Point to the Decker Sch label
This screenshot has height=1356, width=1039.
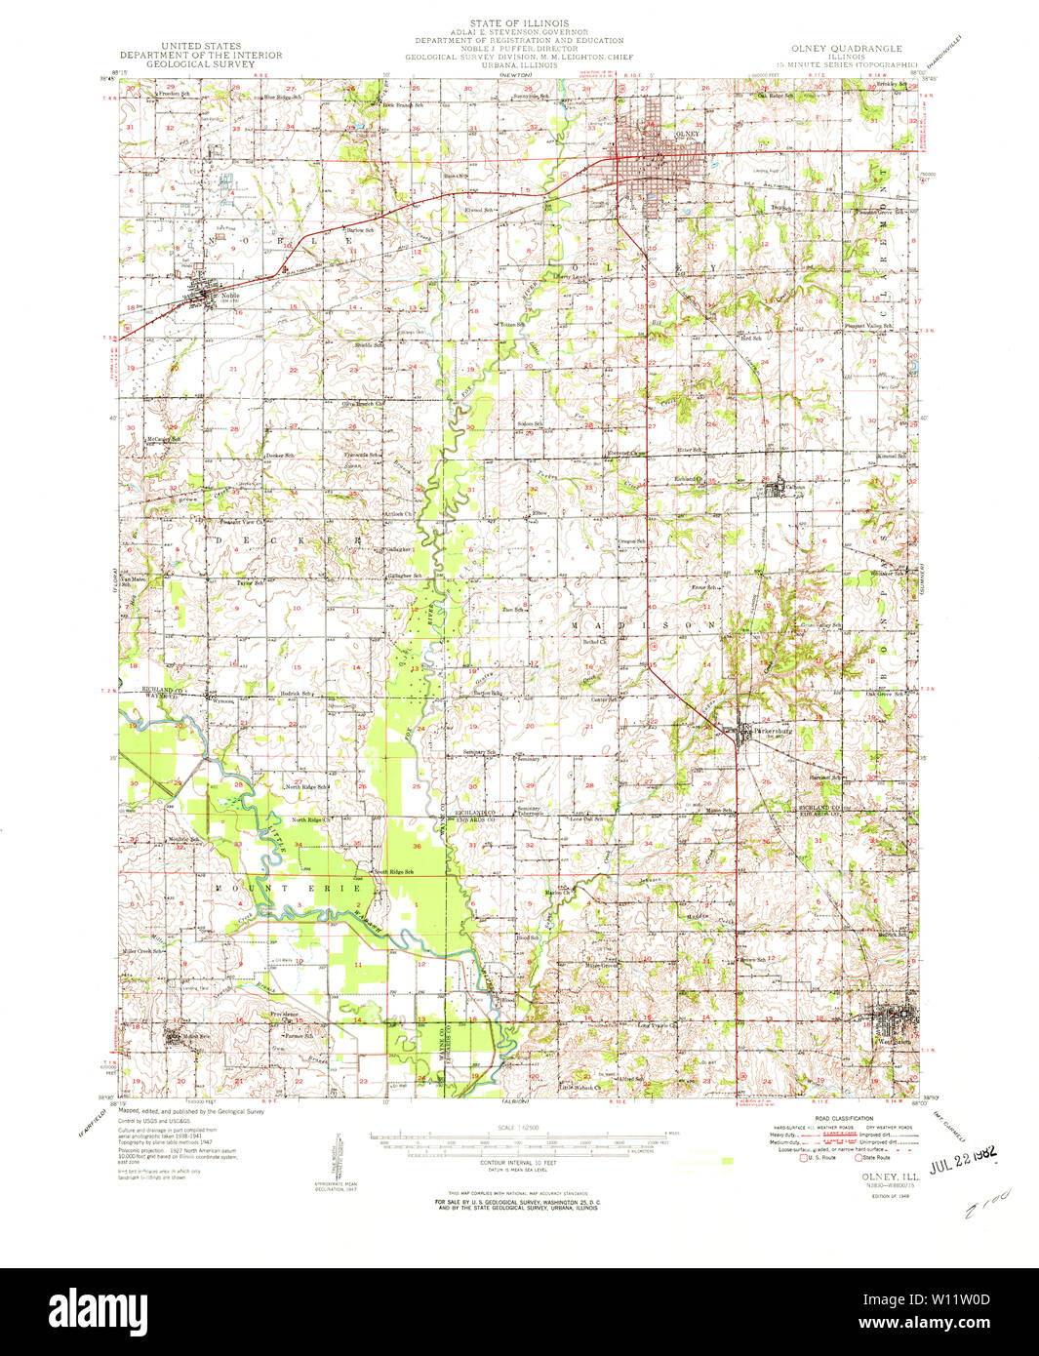pyautogui.click(x=280, y=456)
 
